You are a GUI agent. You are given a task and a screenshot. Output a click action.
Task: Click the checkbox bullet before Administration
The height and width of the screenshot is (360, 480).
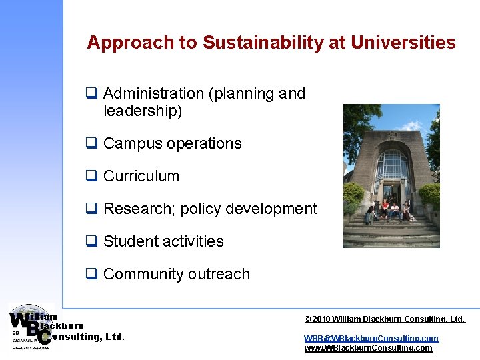[x=91, y=94]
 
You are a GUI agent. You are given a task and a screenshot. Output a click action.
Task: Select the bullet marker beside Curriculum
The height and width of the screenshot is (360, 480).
[x=91, y=177]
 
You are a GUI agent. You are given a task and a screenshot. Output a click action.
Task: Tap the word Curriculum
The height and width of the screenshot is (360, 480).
[x=141, y=177]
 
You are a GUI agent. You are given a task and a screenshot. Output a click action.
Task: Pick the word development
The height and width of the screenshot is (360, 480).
[x=273, y=209]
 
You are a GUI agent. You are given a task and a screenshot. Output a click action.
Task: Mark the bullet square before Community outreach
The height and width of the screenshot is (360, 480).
[x=91, y=274]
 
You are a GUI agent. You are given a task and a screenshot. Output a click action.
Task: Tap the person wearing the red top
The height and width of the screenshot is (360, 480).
[x=385, y=209]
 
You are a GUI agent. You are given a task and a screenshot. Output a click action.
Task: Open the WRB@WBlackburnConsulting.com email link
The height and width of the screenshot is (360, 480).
[x=371, y=339]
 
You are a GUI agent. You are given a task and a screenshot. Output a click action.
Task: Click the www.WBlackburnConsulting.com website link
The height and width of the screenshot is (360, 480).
[x=368, y=348]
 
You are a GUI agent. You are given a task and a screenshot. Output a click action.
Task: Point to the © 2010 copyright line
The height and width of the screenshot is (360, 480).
[x=384, y=319]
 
